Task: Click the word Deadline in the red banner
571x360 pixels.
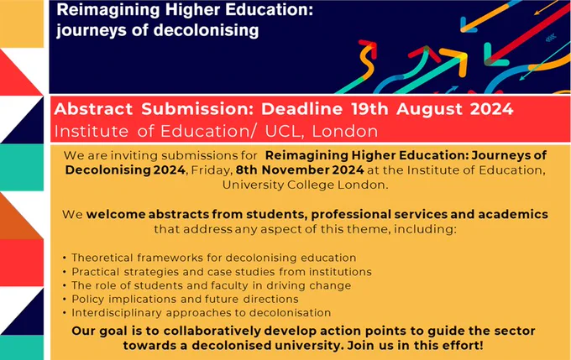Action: tap(302, 109)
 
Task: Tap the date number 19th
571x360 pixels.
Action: tap(369, 109)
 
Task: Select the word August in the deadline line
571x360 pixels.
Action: tap(429, 110)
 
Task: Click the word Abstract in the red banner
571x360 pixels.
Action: tap(93, 109)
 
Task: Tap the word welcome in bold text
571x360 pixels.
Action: tap(116, 214)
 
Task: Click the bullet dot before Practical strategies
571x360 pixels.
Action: tap(65, 272)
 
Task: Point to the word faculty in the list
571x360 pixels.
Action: tap(230, 286)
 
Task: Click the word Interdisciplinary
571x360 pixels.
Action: tap(117, 313)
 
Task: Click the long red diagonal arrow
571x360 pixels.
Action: tap(529, 34)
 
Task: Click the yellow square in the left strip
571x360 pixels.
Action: tap(22, 23)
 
